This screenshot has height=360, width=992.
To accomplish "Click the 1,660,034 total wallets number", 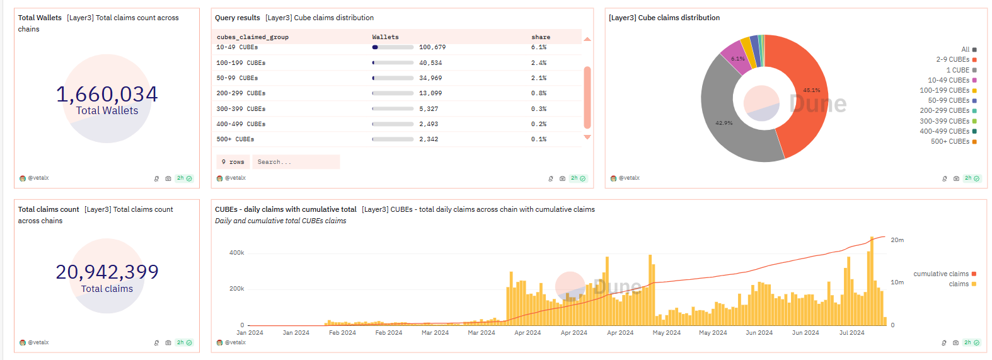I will coord(107,95).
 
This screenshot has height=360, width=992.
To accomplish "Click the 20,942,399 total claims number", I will coord(107,272).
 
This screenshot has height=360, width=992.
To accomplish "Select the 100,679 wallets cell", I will coord(432,47).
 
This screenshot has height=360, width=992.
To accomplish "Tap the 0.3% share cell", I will coord(538,109).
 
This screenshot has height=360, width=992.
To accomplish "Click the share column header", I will coord(540,37).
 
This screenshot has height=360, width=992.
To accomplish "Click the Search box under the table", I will coord(295,162).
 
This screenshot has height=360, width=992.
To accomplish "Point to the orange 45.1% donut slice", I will coord(807,95).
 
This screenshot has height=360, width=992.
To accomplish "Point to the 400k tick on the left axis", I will coord(236,253).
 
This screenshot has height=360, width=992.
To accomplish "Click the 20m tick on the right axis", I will coord(897,240).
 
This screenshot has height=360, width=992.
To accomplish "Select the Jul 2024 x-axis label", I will coord(851,333).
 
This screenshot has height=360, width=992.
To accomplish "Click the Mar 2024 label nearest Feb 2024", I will coord(435,333).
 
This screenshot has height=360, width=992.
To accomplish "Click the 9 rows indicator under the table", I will coord(233,162).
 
